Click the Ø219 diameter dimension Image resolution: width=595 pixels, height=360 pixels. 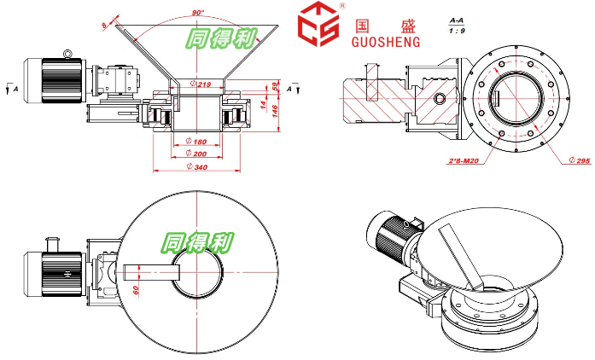click(201, 84)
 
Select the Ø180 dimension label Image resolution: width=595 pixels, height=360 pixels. click(195, 142)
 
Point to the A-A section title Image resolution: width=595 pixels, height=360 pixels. click(458, 18)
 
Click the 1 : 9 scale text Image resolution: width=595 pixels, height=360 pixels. click(458, 30)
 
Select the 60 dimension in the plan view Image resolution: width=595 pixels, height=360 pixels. click(136, 290)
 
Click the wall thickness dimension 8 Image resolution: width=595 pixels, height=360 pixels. click(105, 25)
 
